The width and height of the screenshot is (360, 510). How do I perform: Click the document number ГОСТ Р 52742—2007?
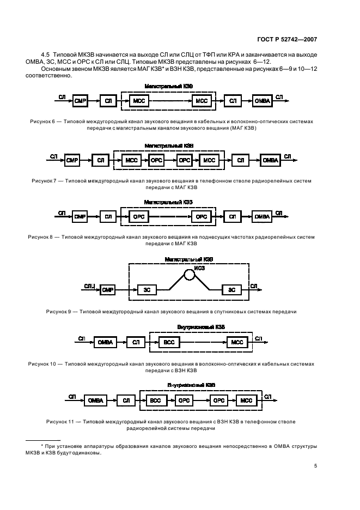click(287, 39)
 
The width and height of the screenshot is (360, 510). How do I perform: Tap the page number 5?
click(315, 466)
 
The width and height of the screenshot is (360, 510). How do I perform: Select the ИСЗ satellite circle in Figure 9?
click(190, 275)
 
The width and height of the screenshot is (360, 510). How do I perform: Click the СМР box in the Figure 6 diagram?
click(80, 101)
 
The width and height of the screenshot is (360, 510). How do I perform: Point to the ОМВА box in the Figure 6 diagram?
click(262, 101)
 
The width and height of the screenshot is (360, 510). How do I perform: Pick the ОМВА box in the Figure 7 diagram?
click(270, 160)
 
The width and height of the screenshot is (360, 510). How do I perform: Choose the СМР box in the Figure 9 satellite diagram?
click(108, 290)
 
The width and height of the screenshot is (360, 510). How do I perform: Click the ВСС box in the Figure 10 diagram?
click(169, 342)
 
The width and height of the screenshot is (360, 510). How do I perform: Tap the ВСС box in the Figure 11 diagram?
click(155, 400)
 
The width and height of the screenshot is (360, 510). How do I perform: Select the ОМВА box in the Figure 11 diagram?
click(96, 400)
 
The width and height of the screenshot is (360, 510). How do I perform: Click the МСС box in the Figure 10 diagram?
click(237, 342)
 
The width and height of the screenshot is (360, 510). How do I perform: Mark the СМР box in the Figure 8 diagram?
click(80, 217)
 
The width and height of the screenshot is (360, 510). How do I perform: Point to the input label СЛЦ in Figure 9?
click(89, 286)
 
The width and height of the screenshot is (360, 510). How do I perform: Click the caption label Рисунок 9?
click(58, 312)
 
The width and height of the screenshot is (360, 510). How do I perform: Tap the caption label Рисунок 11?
click(60, 422)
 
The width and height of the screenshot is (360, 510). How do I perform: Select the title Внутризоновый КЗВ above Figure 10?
click(201, 327)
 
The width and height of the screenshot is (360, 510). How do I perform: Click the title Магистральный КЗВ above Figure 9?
click(188, 259)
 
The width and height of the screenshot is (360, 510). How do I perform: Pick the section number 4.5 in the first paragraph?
click(45, 54)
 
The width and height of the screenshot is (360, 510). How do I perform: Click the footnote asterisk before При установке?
click(42, 446)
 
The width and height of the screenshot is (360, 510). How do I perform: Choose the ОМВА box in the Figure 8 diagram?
click(262, 217)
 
